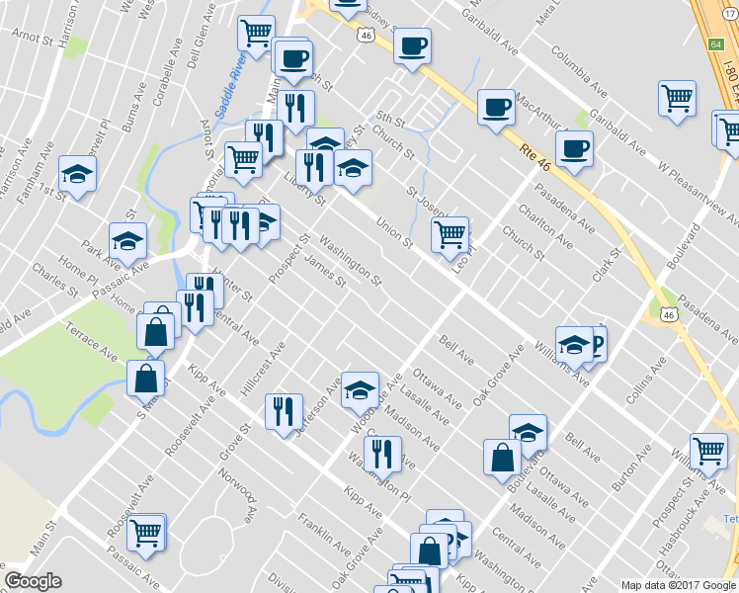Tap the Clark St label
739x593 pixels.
608,262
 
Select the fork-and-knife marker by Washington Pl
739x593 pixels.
381,455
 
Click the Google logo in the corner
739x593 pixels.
33,581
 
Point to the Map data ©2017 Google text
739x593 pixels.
677,585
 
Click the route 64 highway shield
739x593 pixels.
715,44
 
